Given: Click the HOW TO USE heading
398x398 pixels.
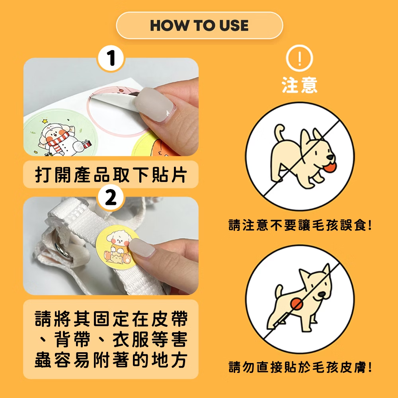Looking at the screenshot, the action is tap(199, 25).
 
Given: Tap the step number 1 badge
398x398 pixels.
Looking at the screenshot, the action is tap(111, 58).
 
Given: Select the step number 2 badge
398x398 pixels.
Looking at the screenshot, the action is tap(111, 197).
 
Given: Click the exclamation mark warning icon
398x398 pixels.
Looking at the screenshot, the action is tap(300, 58).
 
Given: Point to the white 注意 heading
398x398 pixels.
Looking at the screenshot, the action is tap(300, 85).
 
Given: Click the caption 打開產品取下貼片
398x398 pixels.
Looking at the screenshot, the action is tap(111, 175).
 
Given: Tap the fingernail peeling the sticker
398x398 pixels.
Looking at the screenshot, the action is tap(154, 104).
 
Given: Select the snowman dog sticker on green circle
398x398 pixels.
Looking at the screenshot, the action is tap(59, 133).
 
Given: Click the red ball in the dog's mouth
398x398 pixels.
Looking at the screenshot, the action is tap(330, 167).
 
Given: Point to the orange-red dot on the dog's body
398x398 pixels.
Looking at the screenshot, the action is tap(297, 304).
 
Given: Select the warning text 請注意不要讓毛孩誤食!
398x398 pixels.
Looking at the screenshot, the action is tap(300, 225).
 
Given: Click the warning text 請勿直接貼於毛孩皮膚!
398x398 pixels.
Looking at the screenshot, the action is tap(300, 367).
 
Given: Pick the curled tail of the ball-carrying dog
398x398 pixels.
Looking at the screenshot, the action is tap(279, 132).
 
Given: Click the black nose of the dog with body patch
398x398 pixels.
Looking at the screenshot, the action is tap(322, 295).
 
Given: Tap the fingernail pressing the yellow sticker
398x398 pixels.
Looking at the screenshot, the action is tap(141, 248).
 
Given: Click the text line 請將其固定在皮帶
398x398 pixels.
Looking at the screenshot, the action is tap(111, 318).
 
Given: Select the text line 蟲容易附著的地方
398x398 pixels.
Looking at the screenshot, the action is tap(111, 360).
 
